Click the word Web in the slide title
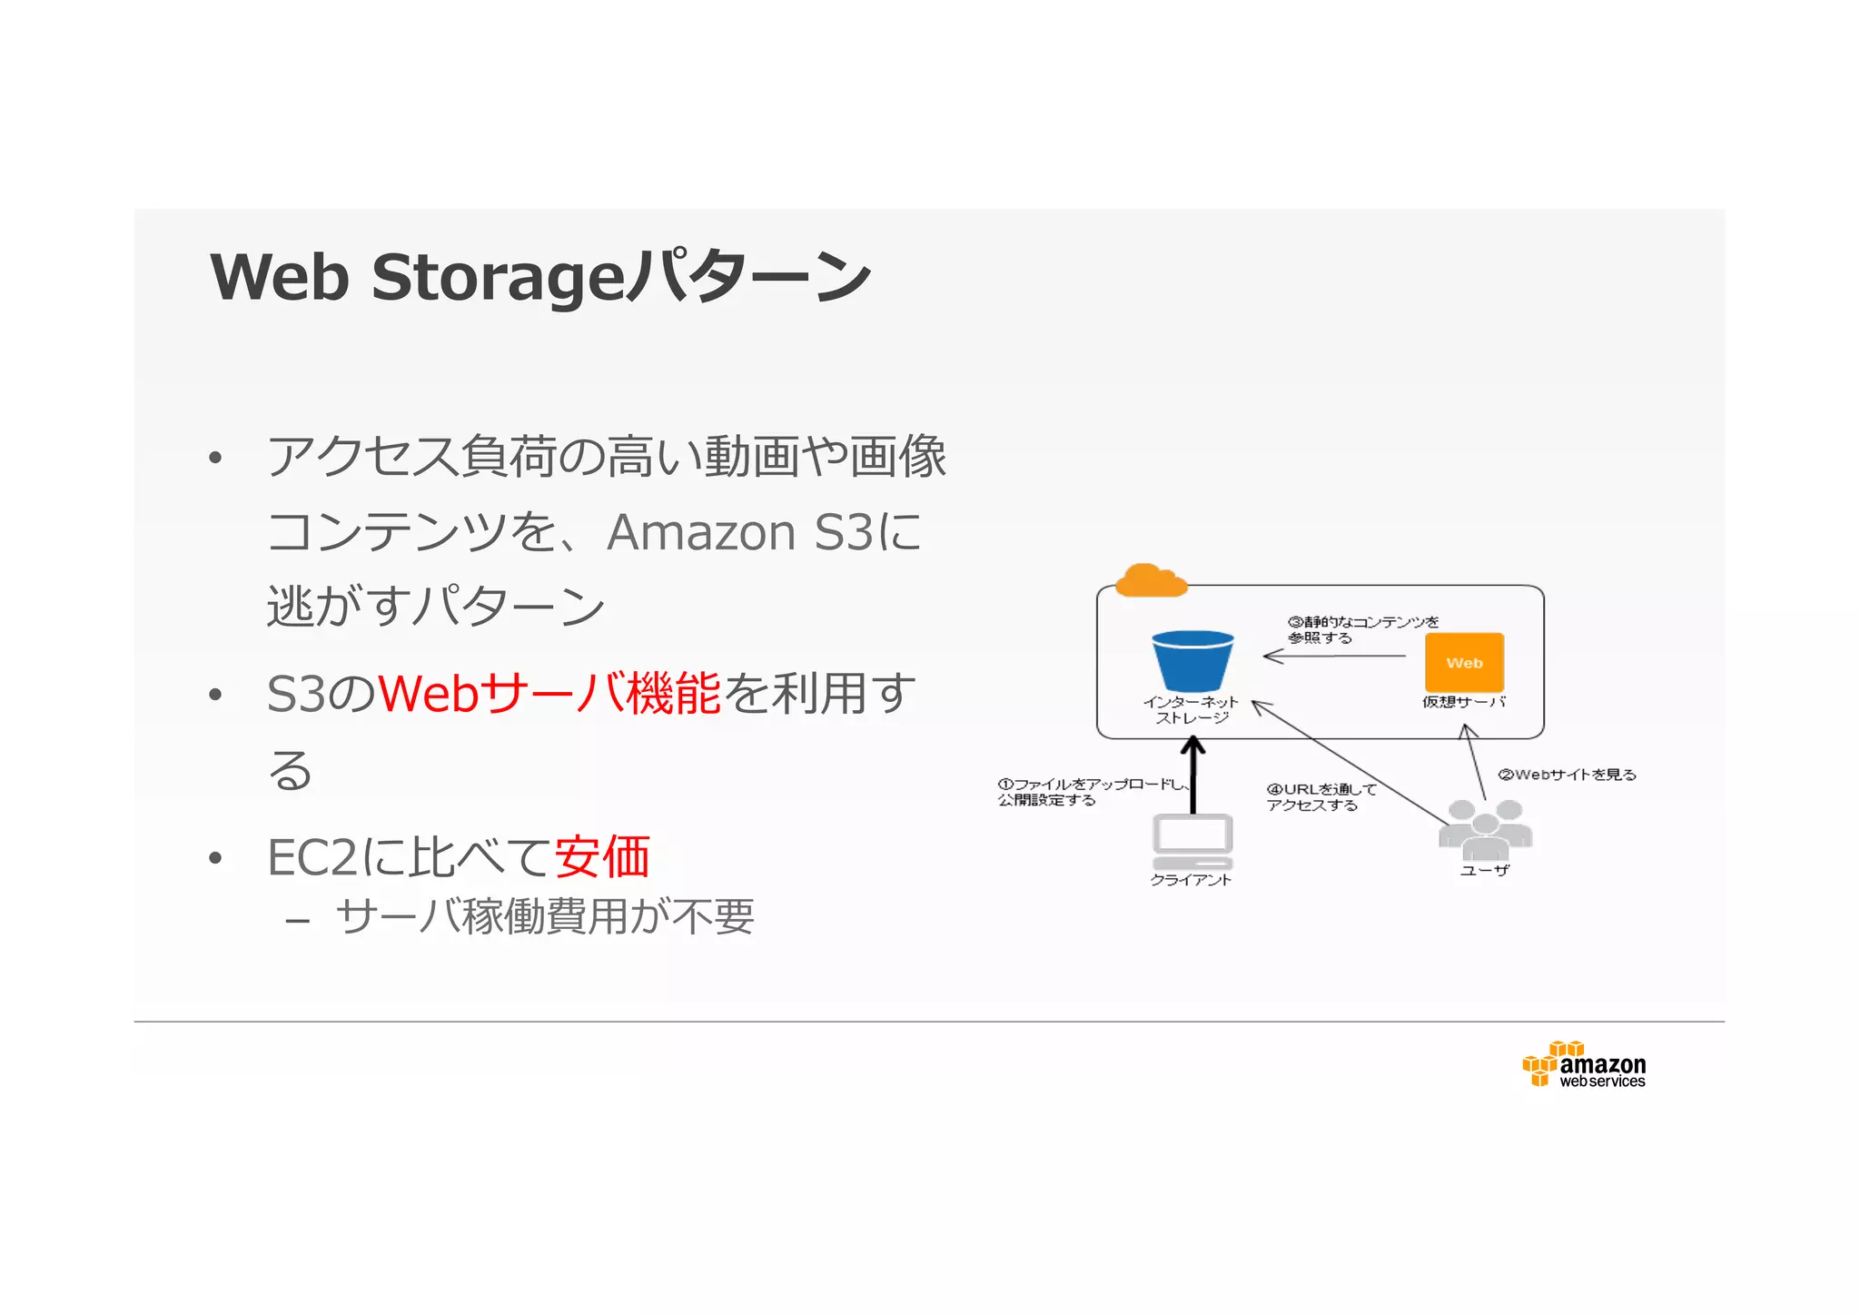[280, 277]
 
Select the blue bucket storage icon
[1192, 661]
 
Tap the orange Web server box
[1464, 663]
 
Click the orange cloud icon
[1150, 581]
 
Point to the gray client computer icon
[1192, 842]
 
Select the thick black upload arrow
[1192, 776]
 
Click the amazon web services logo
[1585, 1065]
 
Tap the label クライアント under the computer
[1191, 880]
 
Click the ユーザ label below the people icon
[1484, 870]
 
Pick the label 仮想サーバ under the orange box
[1463, 702]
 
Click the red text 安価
[602, 857]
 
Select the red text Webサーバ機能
[549, 694]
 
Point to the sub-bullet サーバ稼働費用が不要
[545, 916]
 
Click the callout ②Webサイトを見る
[1567, 775]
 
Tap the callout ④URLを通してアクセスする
[1321, 797]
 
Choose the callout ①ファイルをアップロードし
[1090, 785]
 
